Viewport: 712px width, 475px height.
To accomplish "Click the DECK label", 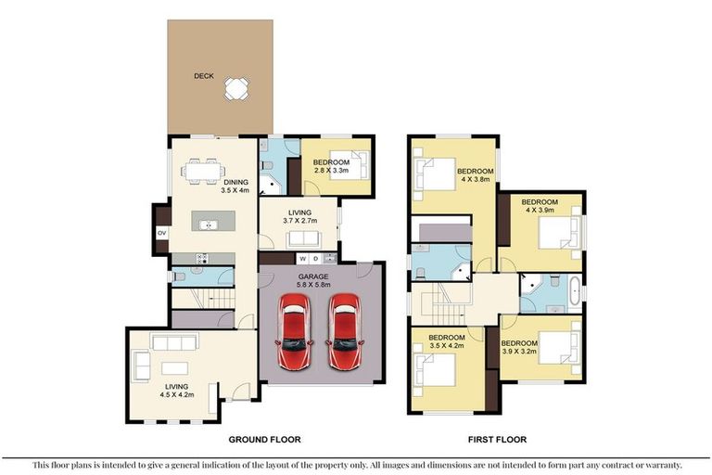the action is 204,76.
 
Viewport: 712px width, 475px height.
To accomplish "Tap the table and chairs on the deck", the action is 236,89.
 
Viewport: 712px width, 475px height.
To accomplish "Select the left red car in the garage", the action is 295,331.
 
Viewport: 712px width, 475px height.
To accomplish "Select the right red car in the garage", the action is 345,331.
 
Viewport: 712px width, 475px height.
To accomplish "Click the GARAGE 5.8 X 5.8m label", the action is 313,280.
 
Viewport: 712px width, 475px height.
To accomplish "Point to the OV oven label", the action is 161,233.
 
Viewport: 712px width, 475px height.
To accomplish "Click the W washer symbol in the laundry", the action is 303,259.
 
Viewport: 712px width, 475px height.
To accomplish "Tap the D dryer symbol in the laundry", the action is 316,259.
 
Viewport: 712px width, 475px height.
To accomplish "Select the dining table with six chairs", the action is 203,172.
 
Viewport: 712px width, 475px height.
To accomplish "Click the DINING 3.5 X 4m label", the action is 235,186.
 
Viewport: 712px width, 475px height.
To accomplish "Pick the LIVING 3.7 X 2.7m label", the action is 299,216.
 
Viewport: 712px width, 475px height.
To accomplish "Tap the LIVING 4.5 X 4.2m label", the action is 177,391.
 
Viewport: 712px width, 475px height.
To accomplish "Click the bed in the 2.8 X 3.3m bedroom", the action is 349,165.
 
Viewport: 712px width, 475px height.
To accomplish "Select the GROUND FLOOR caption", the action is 264,440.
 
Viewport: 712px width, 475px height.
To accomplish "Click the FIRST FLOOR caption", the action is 497,440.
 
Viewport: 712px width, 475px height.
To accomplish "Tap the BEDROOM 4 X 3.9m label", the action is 540,206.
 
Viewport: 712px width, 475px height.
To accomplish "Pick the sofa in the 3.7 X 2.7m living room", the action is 303,239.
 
